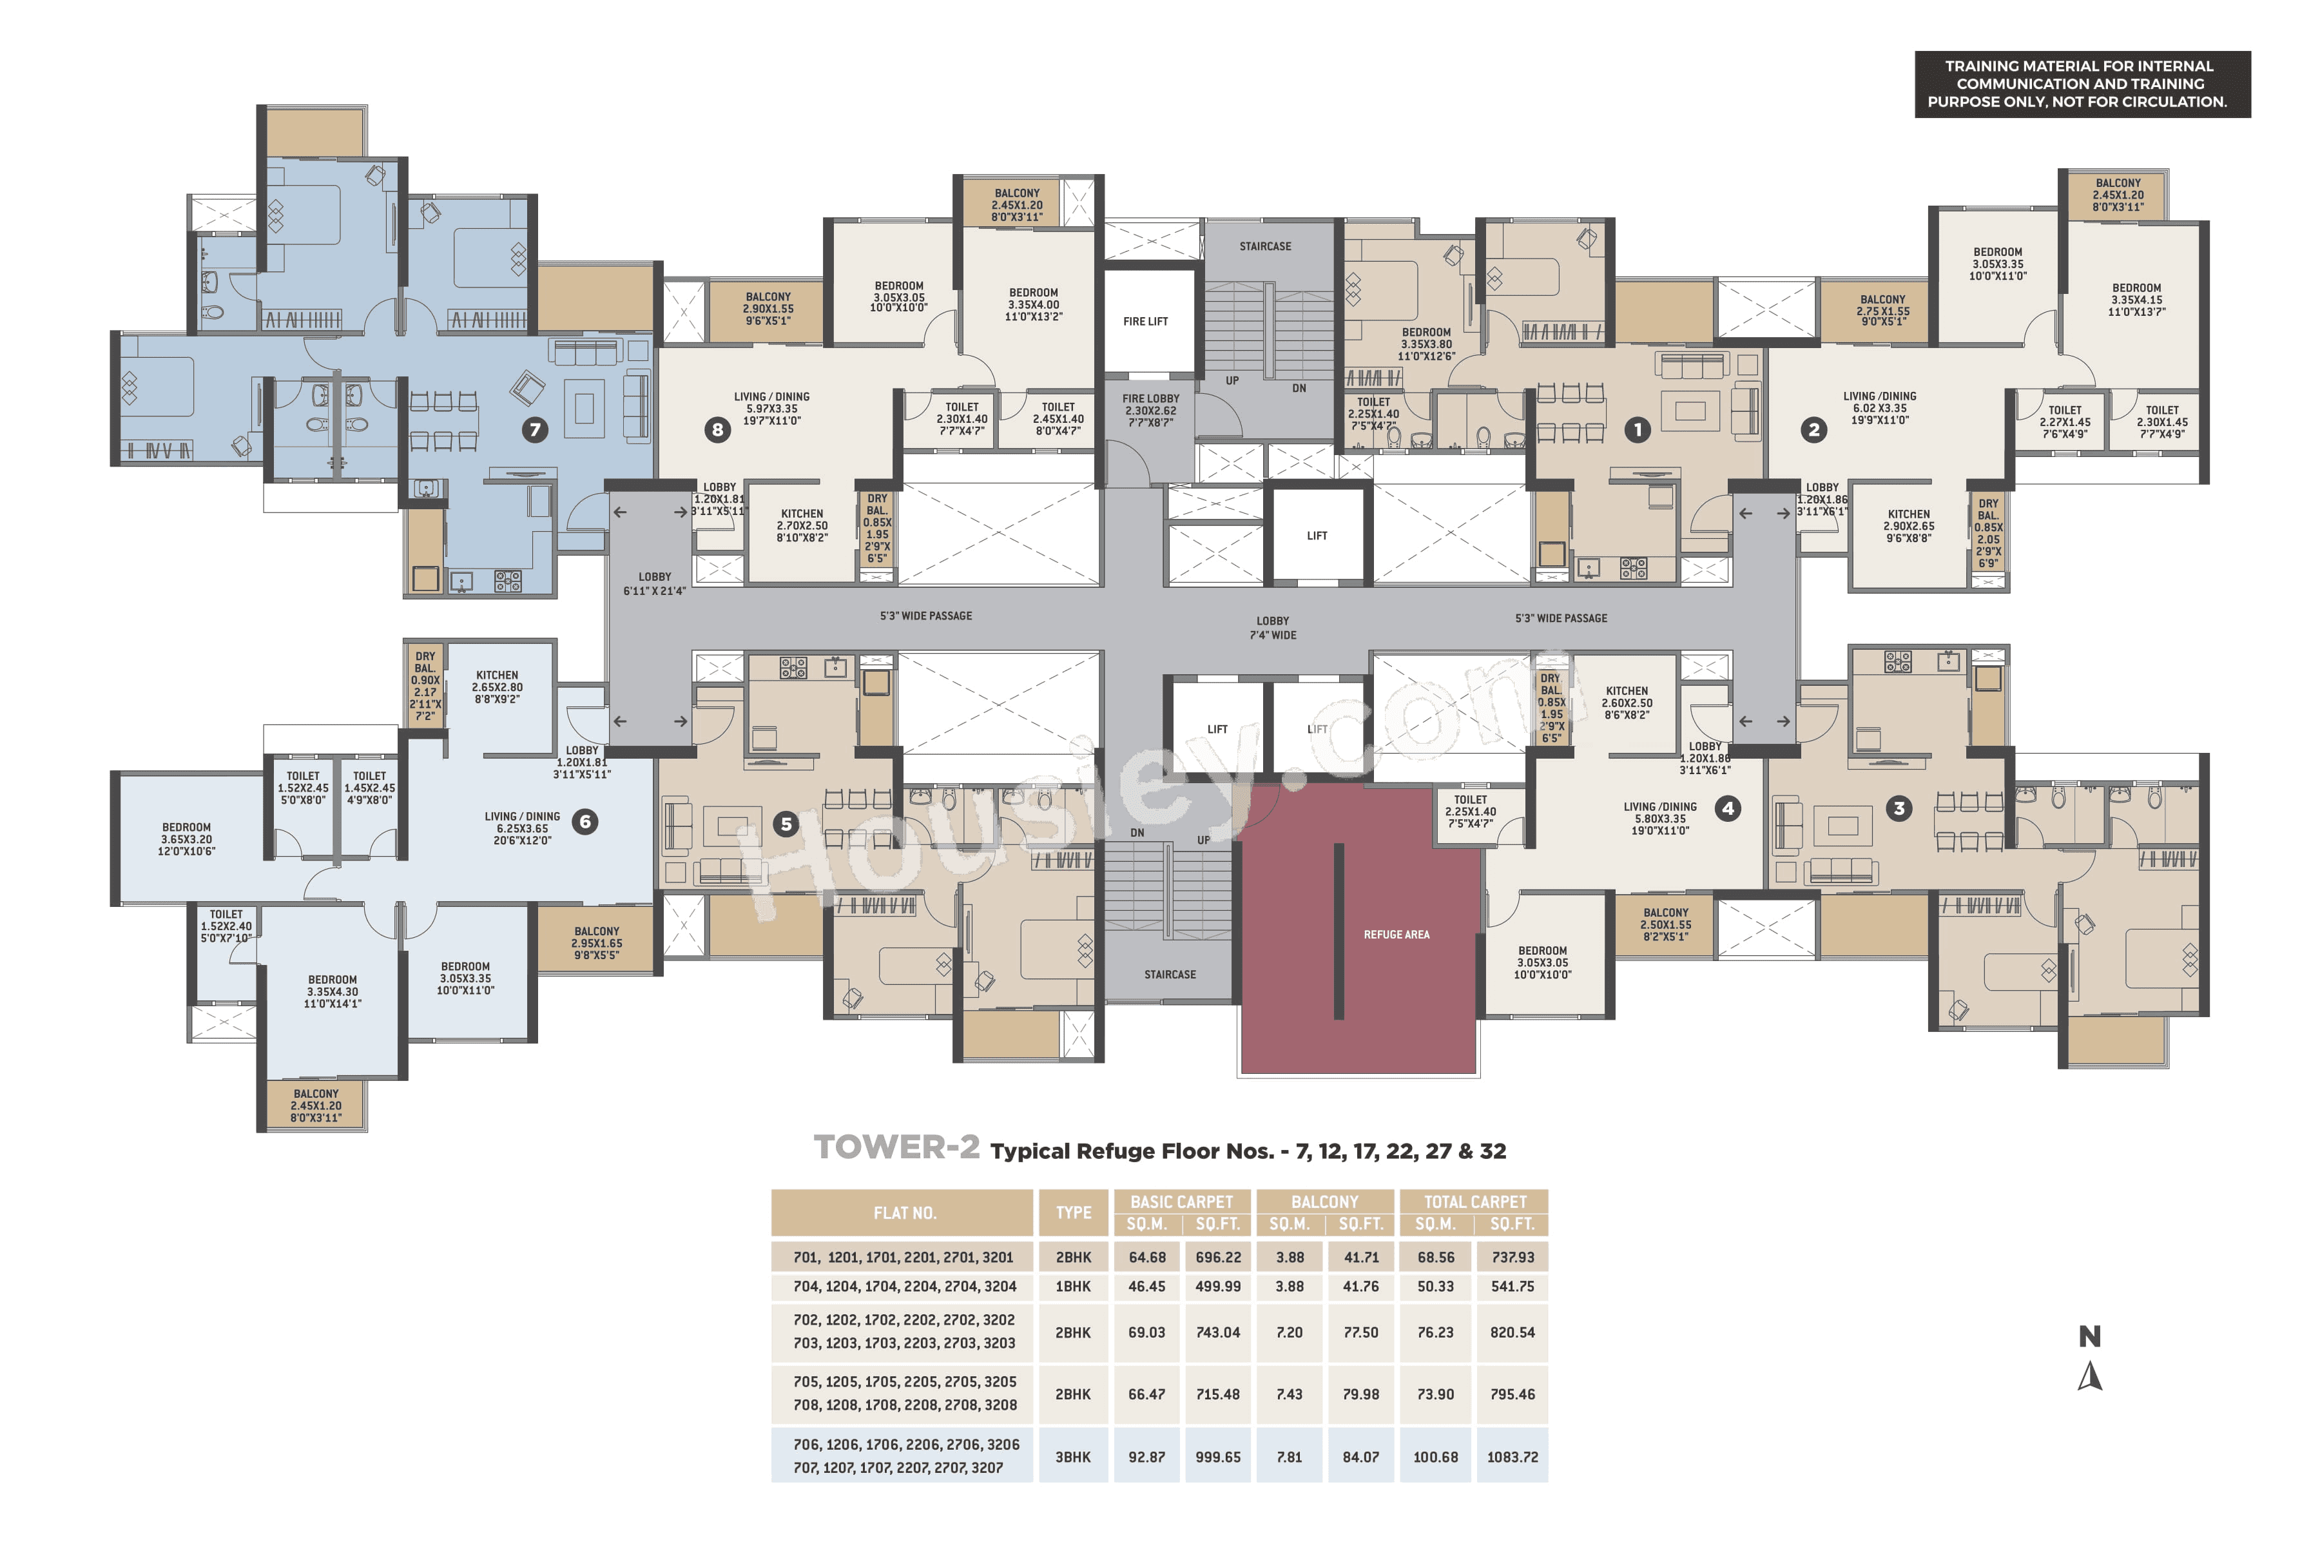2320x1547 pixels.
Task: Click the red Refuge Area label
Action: tap(1396, 934)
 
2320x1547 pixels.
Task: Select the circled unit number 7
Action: tap(535, 429)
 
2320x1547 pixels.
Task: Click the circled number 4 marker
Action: tap(1727, 808)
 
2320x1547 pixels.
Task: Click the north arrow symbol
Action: tap(2089, 1376)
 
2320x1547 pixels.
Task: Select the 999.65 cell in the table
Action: tap(1218, 1456)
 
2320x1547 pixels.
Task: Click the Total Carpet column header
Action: tap(1474, 1202)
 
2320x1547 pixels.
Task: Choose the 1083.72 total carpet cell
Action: tap(1512, 1456)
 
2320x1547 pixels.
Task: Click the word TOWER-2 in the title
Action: tap(896, 1147)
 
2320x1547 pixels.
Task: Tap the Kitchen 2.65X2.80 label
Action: tap(497, 686)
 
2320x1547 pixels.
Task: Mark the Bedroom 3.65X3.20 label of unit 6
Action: tap(186, 839)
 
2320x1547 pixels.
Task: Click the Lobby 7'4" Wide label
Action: tap(1272, 627)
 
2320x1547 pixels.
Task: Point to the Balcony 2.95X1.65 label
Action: tap(597, 942)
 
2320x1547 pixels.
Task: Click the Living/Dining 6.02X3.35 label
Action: tap(1879, 407)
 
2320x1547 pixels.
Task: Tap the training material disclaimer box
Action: tap(2082, 84)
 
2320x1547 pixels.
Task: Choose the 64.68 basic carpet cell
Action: tap(1146, 1257)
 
